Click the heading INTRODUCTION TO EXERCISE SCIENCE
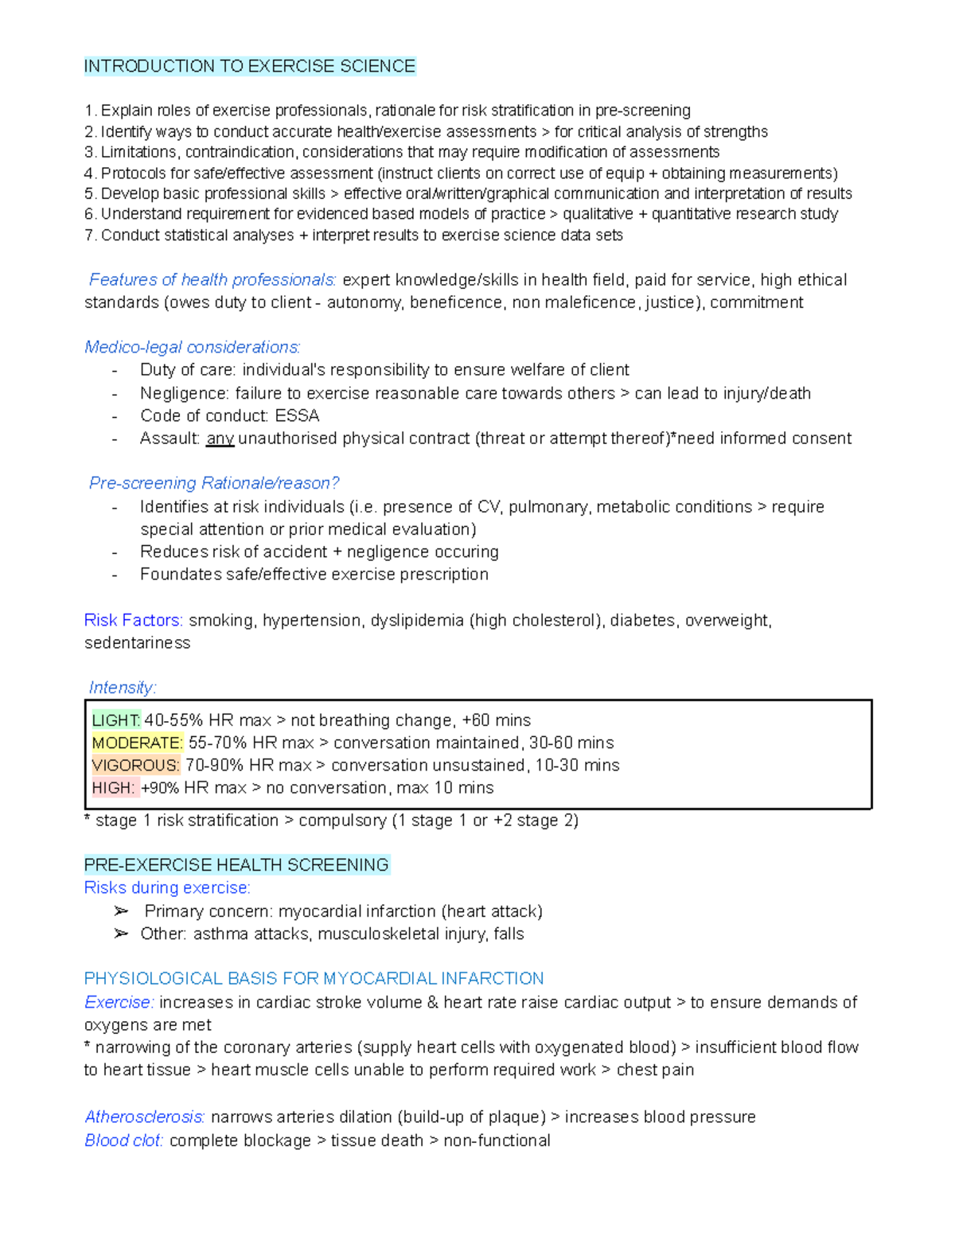249,66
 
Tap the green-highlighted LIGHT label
116,720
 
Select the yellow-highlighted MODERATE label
138,743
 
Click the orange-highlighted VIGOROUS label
135,765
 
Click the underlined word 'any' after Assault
220,439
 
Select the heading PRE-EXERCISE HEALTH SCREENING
236,865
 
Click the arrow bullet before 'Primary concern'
121,911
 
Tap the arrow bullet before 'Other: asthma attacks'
121,934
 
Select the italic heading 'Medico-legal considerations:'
193,348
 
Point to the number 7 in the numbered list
89,236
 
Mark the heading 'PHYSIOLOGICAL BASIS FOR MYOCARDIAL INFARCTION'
314,979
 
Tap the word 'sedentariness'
137,643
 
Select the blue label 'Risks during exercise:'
167,888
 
